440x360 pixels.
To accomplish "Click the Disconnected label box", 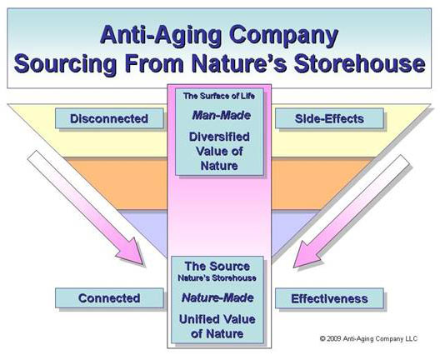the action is click(x=109, y=118).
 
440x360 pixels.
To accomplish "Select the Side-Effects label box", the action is click(x=329, y=118).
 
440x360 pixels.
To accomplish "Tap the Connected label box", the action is click(x=109, y=298).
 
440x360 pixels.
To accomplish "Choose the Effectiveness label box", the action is click(x=329, y=298).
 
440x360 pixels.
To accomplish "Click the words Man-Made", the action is click(x=221, y=115).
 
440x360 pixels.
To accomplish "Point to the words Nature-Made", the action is click(x=217, y=297).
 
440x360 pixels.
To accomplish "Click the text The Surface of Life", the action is click(x=219, y=96).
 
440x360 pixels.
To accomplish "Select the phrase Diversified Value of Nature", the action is click(x=219, y=151).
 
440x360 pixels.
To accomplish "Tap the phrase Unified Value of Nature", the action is click(x=217, y=327).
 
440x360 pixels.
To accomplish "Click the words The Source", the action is click(x=217, y=267).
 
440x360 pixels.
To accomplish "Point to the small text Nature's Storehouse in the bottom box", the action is click(x=217, y=278).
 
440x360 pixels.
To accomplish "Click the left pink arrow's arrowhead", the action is click(x=132, y=252).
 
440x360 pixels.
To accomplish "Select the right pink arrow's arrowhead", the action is click(x=307, y=255).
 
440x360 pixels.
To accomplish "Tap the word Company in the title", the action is click(x=283, y=35).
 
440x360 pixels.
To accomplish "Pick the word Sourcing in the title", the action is click(x=65, y=64).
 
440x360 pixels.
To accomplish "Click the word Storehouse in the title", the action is click(x=360, y=63).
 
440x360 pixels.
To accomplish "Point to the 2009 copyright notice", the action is click(x=368, y=338).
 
